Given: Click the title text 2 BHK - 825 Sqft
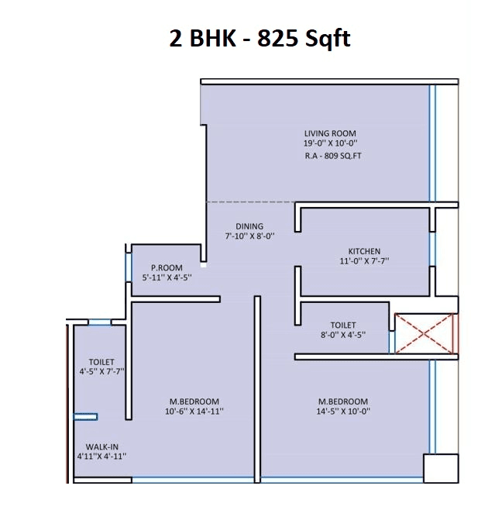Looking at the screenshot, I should coord(260,38).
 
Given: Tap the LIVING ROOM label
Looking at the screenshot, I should coord(330,133).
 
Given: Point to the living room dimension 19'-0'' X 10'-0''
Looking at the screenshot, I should coord(330,143).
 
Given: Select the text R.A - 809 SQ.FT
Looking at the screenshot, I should coord(333,157).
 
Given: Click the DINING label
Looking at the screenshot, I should coord(249,226).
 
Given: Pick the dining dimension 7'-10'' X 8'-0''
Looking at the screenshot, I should coord(249,236).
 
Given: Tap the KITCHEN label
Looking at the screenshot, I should coord(364,251).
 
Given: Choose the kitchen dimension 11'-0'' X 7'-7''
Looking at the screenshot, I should coord(364,261).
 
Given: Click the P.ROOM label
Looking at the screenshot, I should coord(167,267).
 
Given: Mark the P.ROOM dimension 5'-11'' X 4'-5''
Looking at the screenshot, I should coord(167,277).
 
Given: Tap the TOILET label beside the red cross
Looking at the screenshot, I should coord(343,326).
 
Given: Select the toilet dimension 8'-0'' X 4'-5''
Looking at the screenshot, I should coord(343,335).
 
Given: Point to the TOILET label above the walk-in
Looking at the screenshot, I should coord(101,362).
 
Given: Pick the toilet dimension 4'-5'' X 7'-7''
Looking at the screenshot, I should coord(101,371).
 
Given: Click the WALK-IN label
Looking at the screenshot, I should coord(101,446).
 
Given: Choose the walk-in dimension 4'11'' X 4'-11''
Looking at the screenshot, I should coord(101,457).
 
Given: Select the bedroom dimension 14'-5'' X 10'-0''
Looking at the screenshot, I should coord(343,412).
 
